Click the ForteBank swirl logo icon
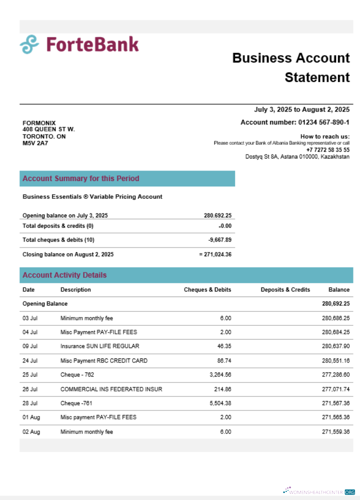29,44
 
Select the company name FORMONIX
39,123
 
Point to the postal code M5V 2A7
35,143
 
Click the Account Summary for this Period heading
81,178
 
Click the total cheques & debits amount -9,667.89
219,240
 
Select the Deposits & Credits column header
285,289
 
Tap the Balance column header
338,289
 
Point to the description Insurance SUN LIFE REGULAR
100,346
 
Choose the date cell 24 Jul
30,360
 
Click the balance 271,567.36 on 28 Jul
335,403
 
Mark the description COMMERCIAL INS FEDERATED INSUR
111,389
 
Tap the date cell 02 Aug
31,432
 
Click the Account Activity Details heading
64,275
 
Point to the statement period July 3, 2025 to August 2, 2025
301,109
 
